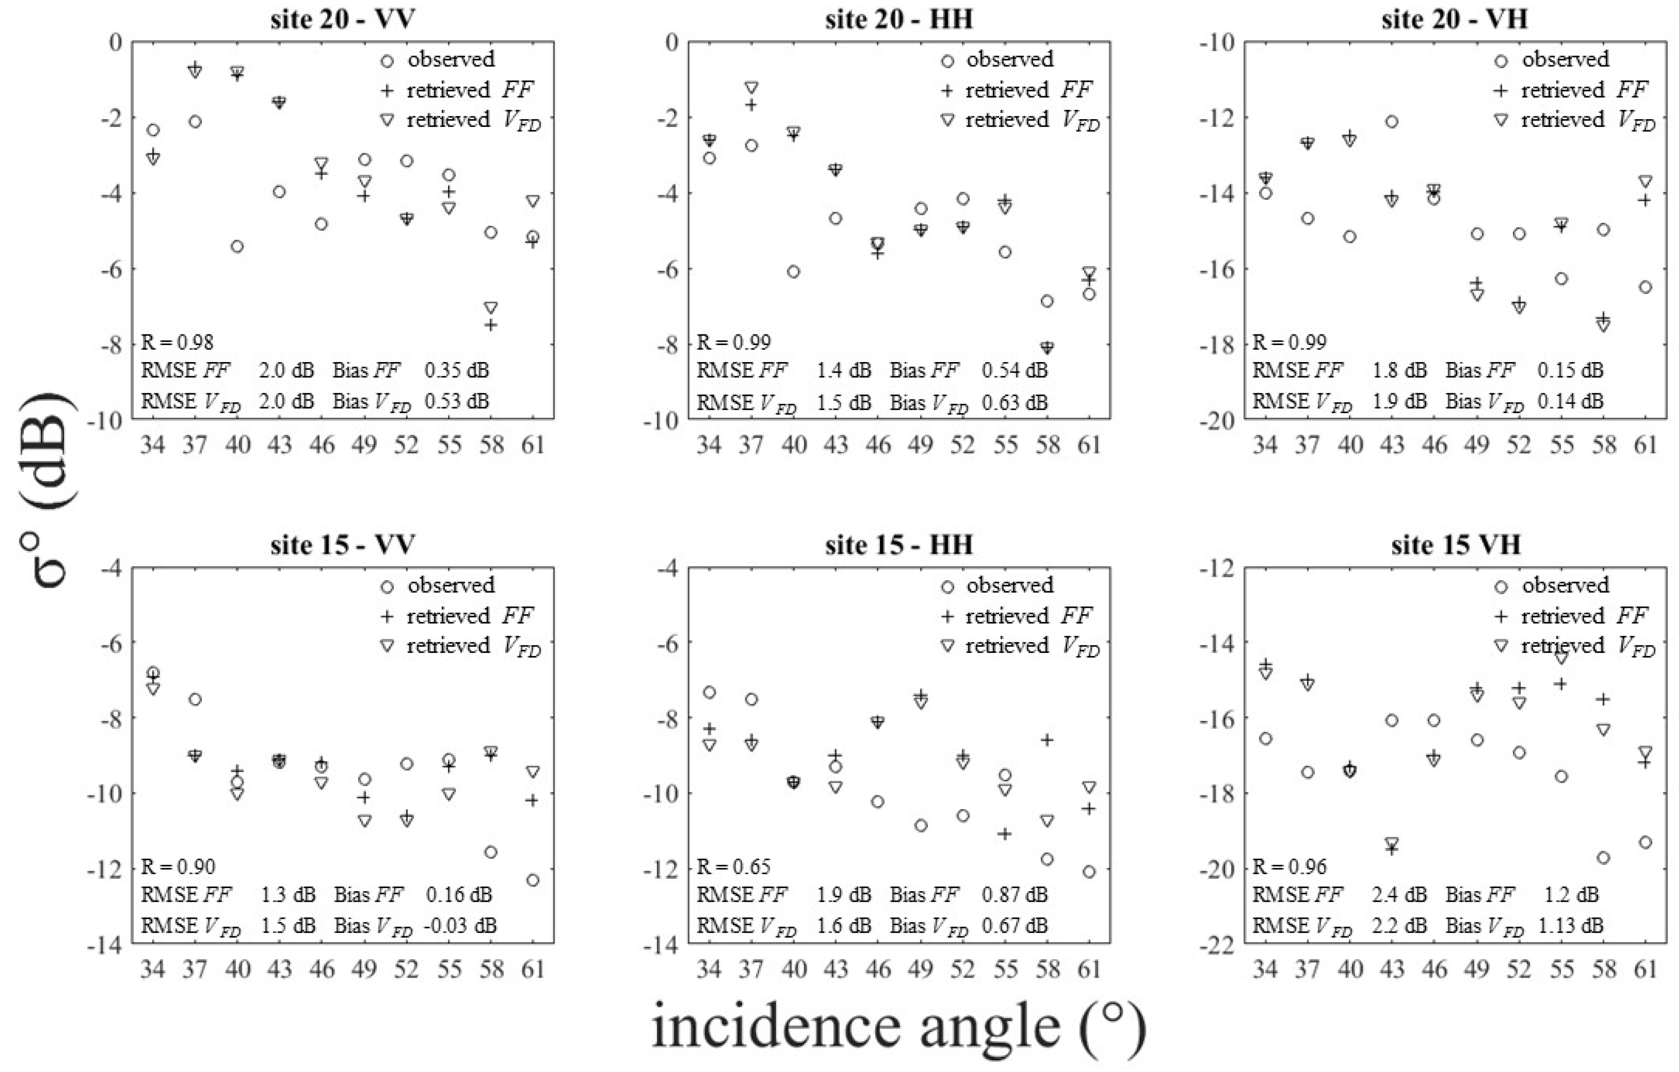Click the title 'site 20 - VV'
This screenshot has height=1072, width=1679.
pyautogui.click(x=343, y=19)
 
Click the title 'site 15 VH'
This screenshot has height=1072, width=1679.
pyautogui.click(x=1456, y=544)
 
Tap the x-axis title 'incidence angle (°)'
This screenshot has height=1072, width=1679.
pyautogui.click(x=899, y=1027)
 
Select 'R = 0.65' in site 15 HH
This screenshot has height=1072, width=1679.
pyautogui.click(x=733, y=866)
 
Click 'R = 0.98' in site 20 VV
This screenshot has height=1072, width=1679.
pyautogui.click(x=177, y=341)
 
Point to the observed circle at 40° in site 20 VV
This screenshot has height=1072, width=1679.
pyautogui.click(x=237, y=246)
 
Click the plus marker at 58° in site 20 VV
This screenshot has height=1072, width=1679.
pyautogui.click(x=491, y=325)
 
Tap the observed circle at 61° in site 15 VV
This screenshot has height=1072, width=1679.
pyautogui.click(x=533, y=880)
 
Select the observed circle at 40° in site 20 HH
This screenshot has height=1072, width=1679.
pyautogui.click(x=794, y=271)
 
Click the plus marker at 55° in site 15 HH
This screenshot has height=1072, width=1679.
pyautogui.click(x=1005, y=834)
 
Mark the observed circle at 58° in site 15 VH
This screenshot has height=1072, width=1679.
pyautogui.click(x=1603, y=857)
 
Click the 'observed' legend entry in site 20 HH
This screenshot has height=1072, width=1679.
pyautogui.click(x=1010, y=60)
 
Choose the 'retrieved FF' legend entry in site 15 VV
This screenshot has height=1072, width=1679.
pyautogui.click(x=469, y=616)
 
